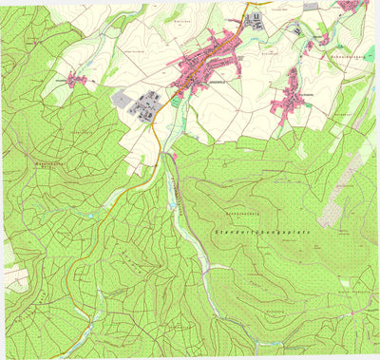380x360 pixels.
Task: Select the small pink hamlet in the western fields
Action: [x=78, y=80]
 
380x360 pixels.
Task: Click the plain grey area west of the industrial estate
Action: [x=123, y=98]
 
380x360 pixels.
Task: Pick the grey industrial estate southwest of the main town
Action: [x=149, y=104]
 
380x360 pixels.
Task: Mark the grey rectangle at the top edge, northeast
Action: [x=311, y=6]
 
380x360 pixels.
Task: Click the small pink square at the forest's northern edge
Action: [x=174, y=155]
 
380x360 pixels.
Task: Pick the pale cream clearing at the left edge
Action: [x=15, y=275]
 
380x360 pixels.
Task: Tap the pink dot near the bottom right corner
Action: [x=353, y=313]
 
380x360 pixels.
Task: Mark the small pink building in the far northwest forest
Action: [x=34, y=43]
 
